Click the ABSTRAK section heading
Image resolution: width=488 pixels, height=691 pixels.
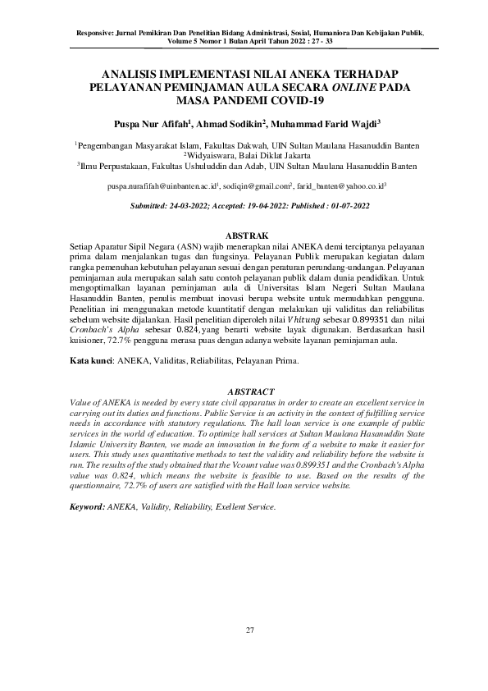[244, 236]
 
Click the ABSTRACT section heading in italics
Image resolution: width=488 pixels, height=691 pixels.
[244, 391]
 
